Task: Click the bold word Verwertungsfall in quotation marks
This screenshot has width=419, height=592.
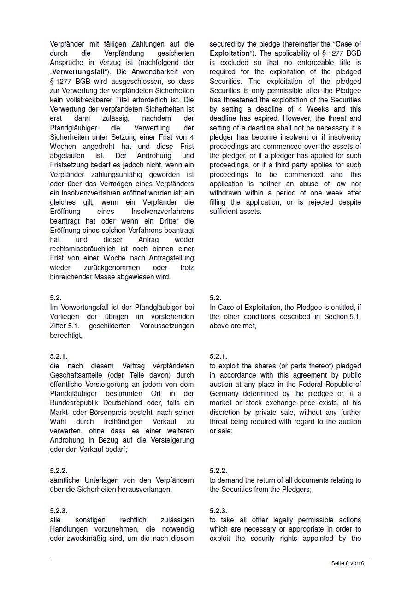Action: point(78,72)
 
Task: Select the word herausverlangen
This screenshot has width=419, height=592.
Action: point(144,489)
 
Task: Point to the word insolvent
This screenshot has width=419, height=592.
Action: point(289,137)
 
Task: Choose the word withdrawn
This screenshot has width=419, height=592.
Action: point(225,193)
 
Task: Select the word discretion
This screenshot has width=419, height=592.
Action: point(229,413)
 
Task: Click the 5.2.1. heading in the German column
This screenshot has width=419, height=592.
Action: point(59,356)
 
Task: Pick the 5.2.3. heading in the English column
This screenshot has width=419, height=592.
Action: point(218,511)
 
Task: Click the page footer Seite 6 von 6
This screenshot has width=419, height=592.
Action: point(348,563)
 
